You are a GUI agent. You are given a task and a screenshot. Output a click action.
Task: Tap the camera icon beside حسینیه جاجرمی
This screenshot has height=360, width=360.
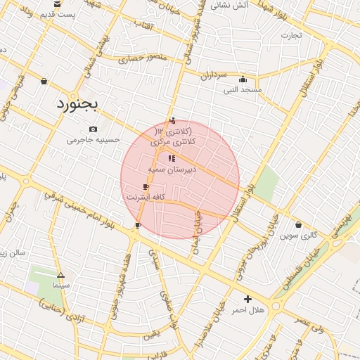click(94, 129)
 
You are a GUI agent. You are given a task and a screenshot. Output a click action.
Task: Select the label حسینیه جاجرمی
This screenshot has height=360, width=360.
click(94, 140)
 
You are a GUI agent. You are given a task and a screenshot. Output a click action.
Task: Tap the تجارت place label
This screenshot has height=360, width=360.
click(291, 34)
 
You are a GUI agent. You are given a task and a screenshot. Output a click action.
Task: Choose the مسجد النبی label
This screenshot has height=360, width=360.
click(243, 90)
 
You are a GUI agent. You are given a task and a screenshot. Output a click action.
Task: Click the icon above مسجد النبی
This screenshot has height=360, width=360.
click(243, 79)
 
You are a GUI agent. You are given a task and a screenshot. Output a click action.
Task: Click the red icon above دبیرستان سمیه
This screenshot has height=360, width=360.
click(172, 158)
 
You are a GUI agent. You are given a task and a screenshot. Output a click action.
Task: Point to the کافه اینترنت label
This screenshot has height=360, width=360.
click(145, 198)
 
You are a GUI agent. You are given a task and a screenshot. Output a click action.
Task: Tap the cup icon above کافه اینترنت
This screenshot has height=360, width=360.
click(146, 186)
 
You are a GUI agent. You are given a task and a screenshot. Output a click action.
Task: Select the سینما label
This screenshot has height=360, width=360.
click(60, 286)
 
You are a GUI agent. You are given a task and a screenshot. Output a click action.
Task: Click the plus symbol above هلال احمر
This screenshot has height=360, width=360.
click(247, 299)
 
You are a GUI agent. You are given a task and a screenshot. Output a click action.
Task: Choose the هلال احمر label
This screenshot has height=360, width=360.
click(247, 310)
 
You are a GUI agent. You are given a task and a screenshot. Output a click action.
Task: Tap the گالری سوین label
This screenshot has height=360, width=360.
click(298, 236)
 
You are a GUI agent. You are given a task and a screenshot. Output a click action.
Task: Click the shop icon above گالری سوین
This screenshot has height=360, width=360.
click(299, 225)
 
